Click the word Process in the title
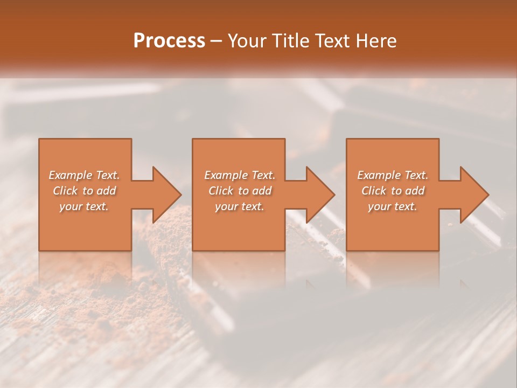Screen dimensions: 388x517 [169, 41]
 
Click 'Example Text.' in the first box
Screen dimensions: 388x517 [84, 175]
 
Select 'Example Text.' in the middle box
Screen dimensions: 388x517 [240, 175]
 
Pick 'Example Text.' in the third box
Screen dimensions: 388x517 [393, 175]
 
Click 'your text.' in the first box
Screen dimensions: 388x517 [84, 206]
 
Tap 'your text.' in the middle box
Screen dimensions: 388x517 [240, 206]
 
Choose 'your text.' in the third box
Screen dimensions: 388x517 [393, 206]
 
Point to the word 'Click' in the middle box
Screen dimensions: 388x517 [220, 191]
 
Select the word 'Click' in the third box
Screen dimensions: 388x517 [373, 191]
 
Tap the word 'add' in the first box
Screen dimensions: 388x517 [106, 191]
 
